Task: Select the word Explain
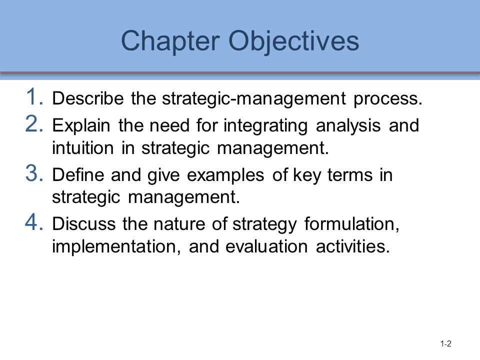(82, 125)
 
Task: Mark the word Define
(76, 175)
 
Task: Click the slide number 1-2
(446, 343)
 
